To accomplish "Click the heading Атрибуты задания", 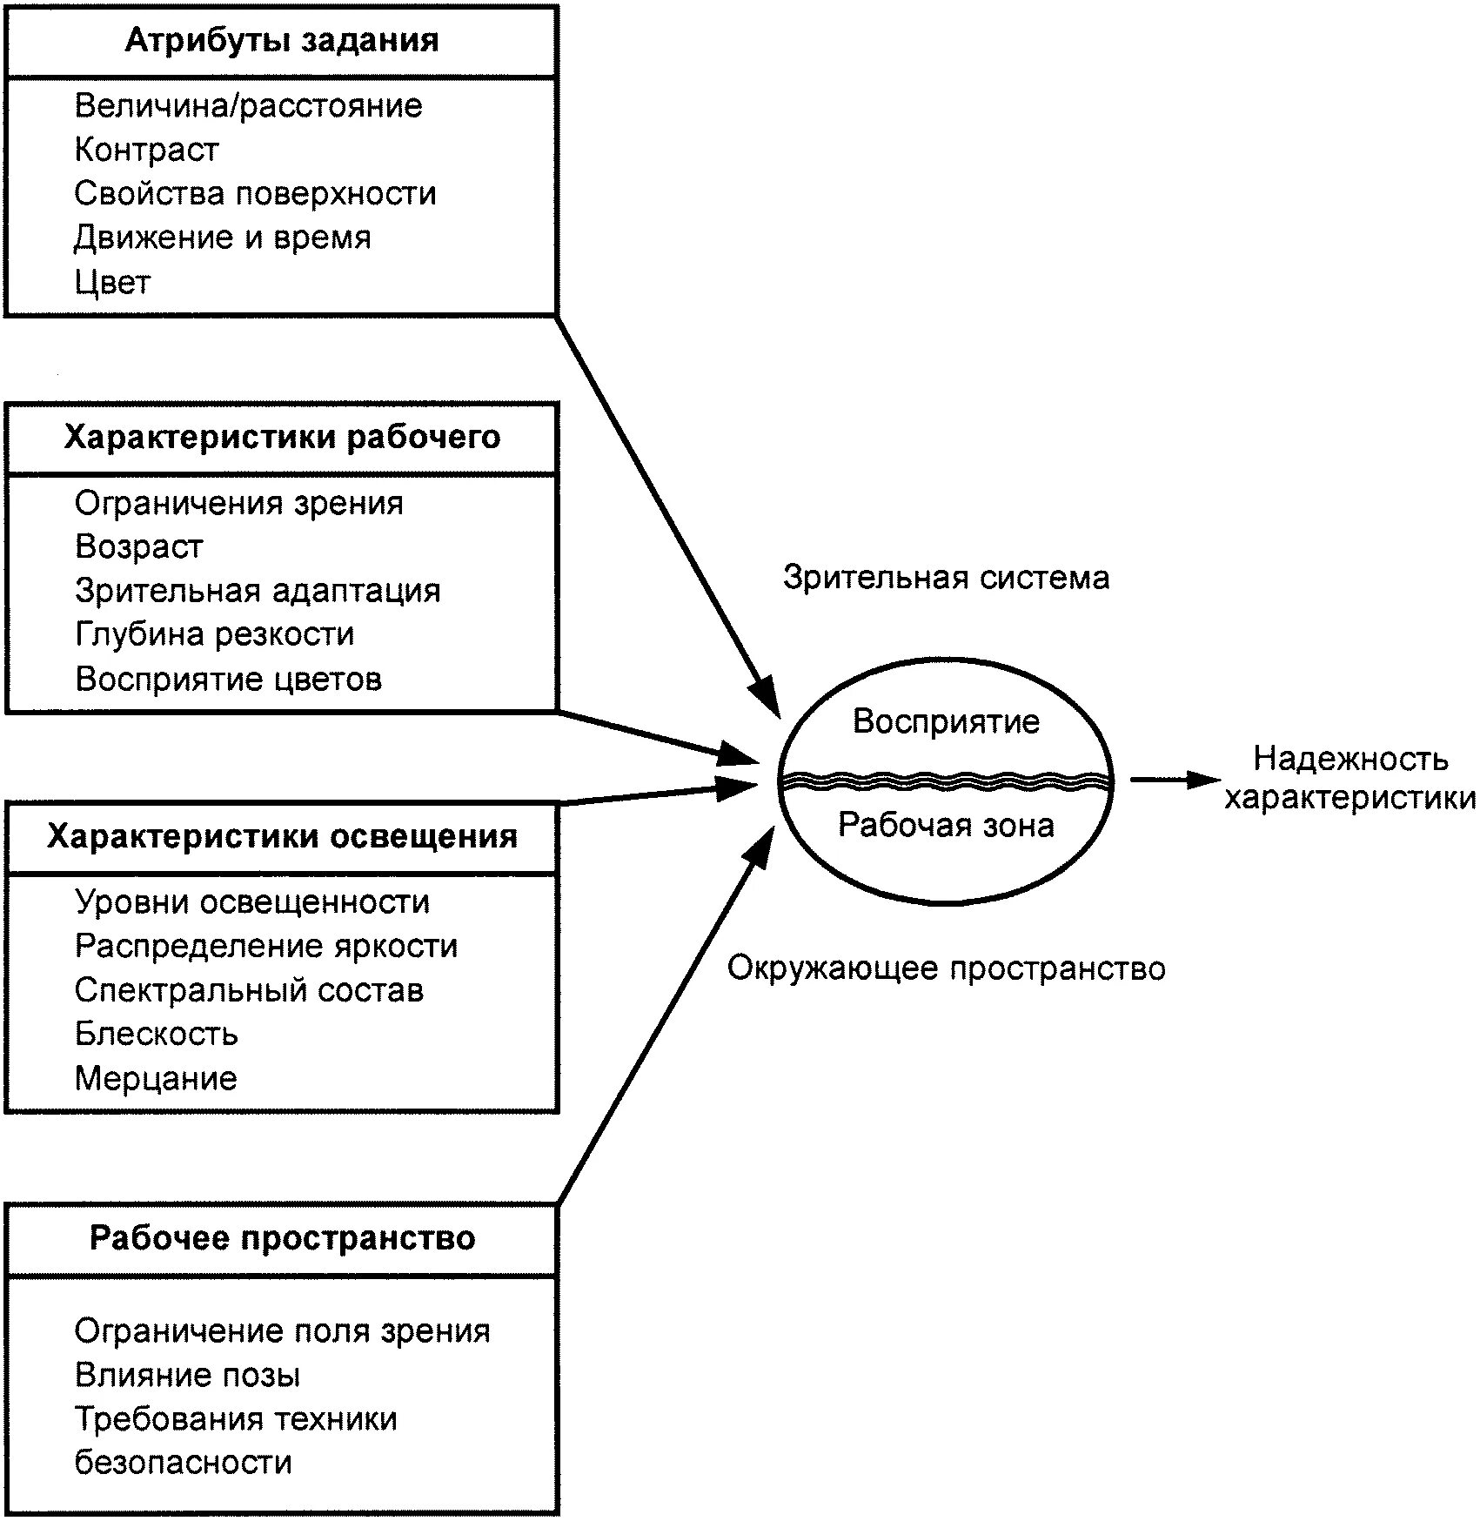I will [x=282, y=41].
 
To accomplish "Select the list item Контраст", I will [x=146, y=150].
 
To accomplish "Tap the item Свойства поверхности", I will [x=255, y=193].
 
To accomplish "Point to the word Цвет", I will [x=112, y=282].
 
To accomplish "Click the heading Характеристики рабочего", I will [x=282, y=437].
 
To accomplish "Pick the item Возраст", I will [x=139, y=546].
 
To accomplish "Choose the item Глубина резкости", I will [x=215, y=634].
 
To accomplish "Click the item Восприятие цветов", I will [x=228, y=679].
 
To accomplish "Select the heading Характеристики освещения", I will [x=282, y=836].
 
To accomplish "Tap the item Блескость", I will [x=157, y=1034].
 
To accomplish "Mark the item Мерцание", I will [x=156, y=1078].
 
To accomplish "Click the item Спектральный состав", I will [x=249, y=990].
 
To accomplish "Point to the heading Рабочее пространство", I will [x=282, y=1237].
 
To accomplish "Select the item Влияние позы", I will [x=187, y=1375].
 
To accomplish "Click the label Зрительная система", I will [x=946, y=578].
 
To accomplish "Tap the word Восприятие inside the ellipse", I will [x=946, y=721].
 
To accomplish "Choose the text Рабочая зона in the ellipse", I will [x=946, y=825].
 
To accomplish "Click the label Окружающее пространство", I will [x=946, y=968].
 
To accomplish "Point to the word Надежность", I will [x=1350, y=760].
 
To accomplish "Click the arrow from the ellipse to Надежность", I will [x=1175, y=780].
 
